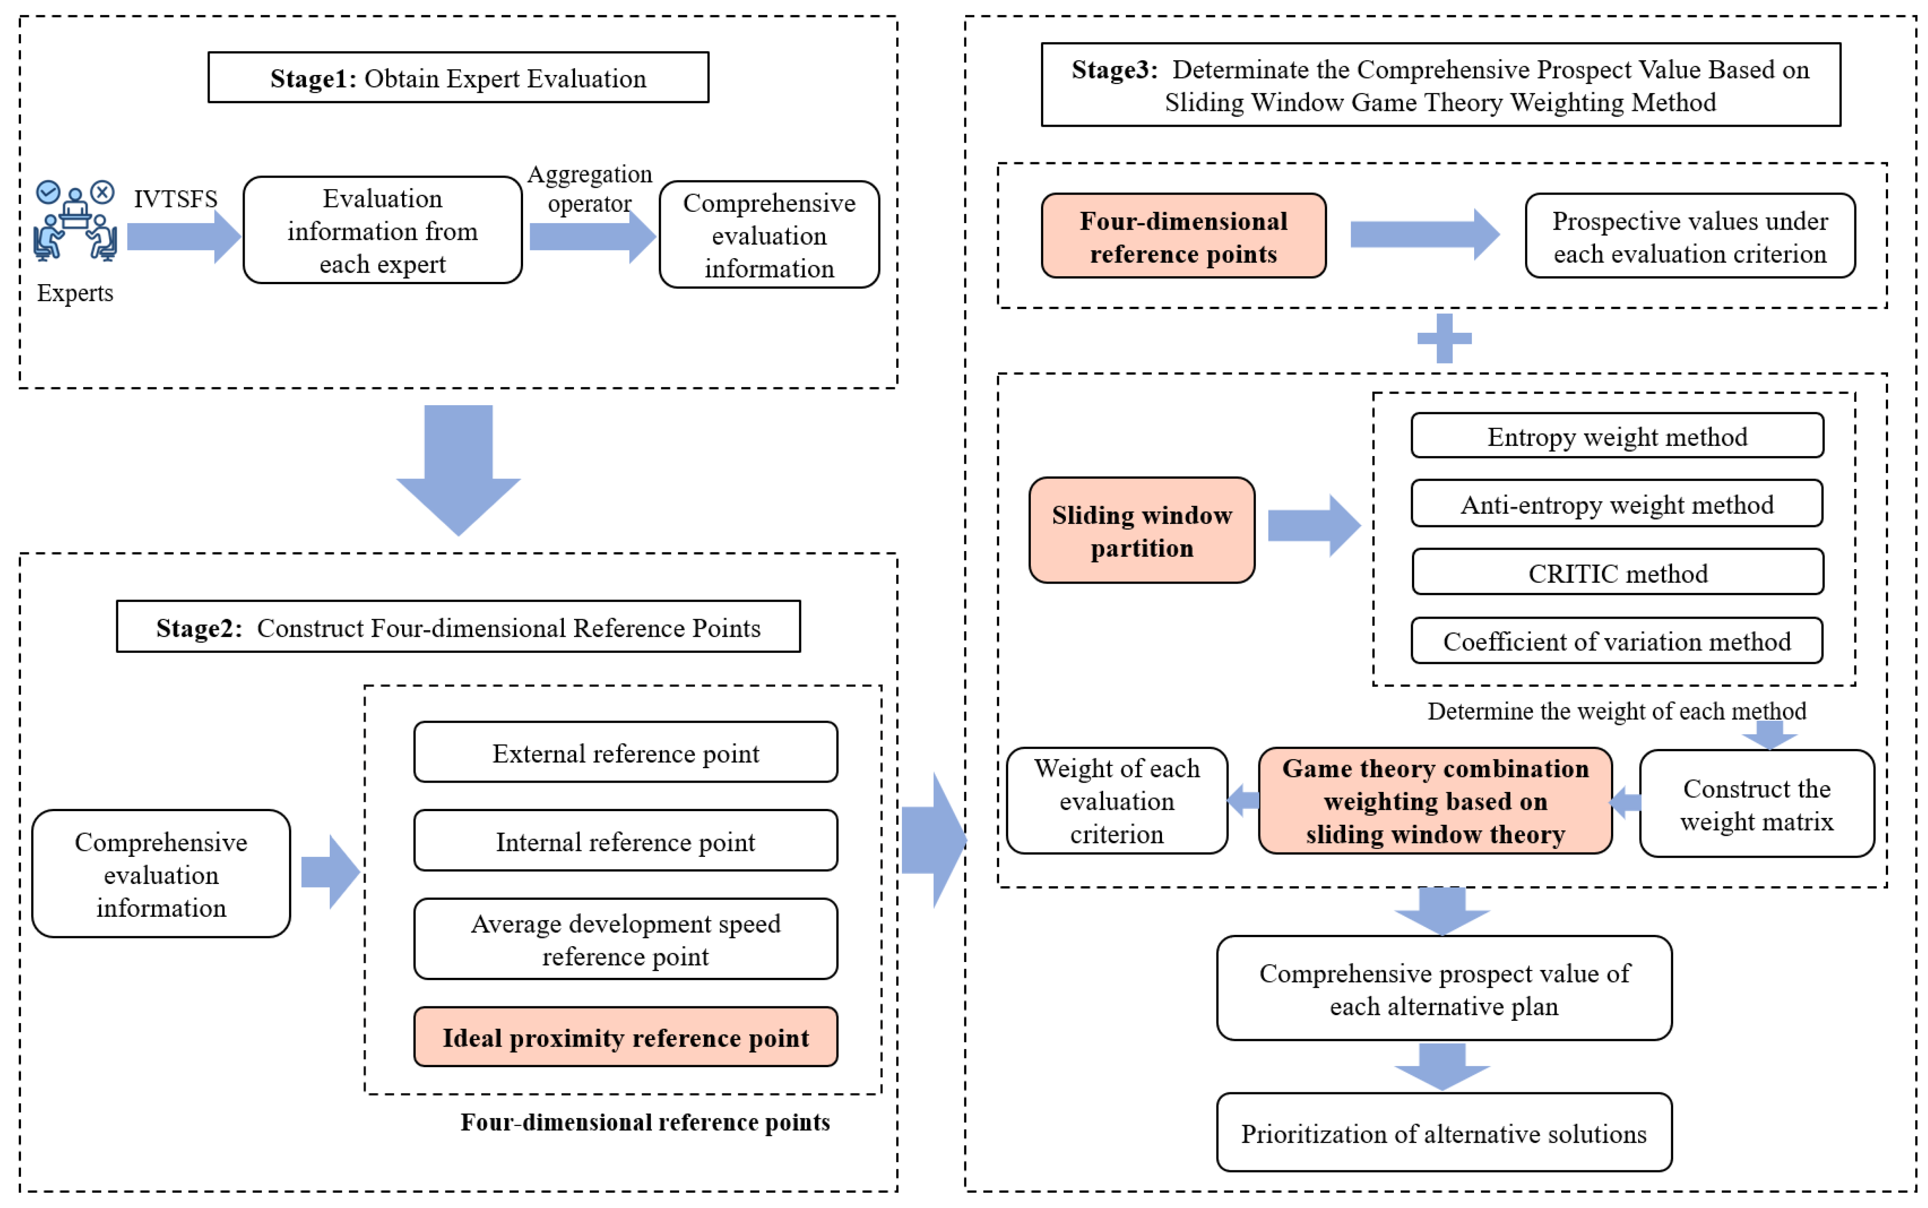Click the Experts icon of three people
coord(75,221)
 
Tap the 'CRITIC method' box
coord(1617,572)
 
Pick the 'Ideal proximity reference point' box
coord(626,1037)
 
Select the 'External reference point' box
coord(626,752)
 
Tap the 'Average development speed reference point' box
coord(626,939)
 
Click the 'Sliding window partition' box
coord(1142,531)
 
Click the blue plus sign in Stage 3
coord(1444,338)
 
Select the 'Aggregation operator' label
coord(590,189)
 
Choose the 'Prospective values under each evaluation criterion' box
coord(1690,236)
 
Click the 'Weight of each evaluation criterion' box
coord(1116,801)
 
